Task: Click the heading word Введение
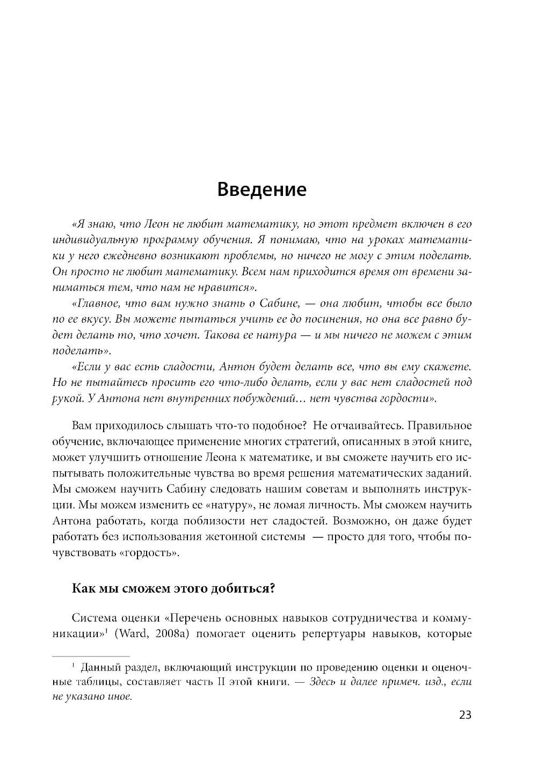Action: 262,189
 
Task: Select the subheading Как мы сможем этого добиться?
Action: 173,588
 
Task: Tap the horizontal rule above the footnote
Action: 90,656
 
